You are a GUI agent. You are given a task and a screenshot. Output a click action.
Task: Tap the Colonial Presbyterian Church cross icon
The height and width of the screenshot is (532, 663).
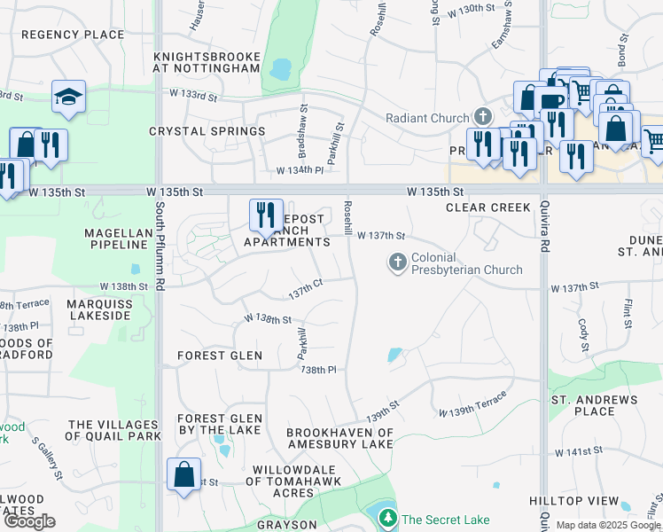coord(397,262)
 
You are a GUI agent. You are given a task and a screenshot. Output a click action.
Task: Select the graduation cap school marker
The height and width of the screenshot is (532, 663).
coord(68,97)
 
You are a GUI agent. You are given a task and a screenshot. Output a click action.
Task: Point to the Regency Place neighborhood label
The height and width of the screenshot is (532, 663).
coord(73,35)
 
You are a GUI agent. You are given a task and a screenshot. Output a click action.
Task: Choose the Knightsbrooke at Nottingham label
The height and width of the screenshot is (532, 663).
coord(207,62)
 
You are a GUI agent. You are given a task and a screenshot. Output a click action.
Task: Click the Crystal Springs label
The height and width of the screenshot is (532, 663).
coord(207,131)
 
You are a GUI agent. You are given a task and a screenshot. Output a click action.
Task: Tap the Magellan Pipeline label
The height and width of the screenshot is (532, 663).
coord(102,238)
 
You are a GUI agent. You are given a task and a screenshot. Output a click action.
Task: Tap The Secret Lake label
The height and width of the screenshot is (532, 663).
coord(445,520)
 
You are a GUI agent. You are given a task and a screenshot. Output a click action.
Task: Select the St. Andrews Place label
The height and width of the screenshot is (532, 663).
coord(594,405)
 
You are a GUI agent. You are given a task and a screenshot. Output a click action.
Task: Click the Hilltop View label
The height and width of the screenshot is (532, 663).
coord(574,501)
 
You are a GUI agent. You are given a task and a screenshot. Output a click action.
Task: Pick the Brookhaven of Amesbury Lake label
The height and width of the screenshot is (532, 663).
coord(339,438)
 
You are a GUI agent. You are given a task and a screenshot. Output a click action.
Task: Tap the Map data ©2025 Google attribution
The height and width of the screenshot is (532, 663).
coord(607,525)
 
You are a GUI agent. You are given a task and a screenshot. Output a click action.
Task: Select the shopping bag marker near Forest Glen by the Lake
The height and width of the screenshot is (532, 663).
coord(183,473)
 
